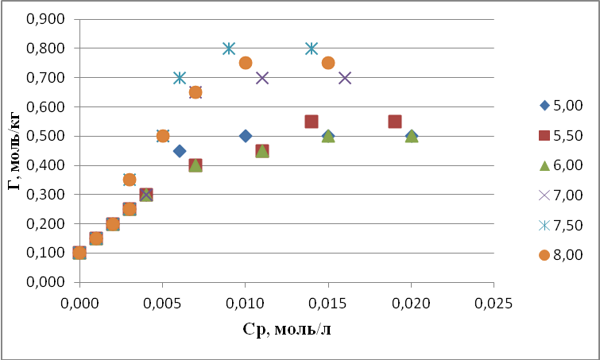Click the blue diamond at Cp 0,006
179,151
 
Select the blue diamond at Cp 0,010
246,136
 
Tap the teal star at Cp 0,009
229,48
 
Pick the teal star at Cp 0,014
312,48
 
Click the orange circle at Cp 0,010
246,63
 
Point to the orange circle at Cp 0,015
328,63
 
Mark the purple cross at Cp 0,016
345,78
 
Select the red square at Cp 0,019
394,122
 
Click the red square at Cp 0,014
312,122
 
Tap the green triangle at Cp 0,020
412,136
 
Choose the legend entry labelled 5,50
560,135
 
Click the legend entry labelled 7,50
560,226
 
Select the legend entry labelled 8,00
560,255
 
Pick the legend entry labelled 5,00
560,105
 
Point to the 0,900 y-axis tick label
45,19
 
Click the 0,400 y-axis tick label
45,165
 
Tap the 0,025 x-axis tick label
494,304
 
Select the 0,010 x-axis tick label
246,304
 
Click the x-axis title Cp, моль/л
287,329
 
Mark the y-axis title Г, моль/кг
14,149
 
